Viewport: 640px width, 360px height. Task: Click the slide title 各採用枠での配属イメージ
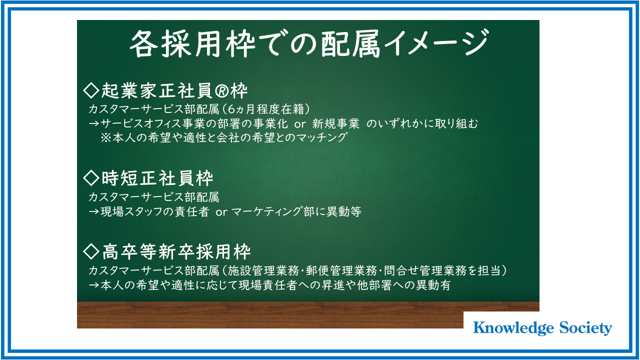tap(309, 43)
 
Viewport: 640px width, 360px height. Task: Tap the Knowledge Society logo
tap(542, 327)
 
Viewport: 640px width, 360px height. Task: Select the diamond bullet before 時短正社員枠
tap(91, 177)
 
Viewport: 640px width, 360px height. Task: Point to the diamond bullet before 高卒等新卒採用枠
tap(91, 251)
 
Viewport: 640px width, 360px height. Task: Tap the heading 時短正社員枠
tap(157, 177)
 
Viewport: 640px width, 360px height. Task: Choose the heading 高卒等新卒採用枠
tap(176, 251)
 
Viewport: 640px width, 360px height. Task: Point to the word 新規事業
tap(335, 123)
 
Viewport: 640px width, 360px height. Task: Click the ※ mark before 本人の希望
tap(105, 137)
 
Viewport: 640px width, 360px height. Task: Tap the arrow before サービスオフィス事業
tap(94, 123)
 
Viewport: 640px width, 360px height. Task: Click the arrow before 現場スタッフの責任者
tap(94, 211)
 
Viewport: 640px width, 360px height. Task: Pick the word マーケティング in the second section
tap(266, 211)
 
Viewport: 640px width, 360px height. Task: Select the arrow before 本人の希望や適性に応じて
tap(94, 285)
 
